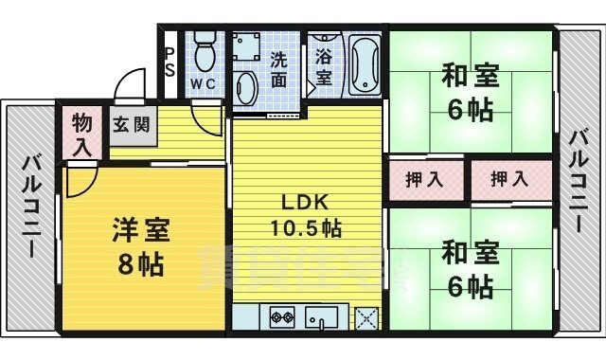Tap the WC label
coord(202,83)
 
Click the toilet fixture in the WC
coord(203,46)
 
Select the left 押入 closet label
coord(423,179)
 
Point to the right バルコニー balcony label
coord(579,181)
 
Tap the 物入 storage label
coord(83,135)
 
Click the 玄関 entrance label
coord(132,125)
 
